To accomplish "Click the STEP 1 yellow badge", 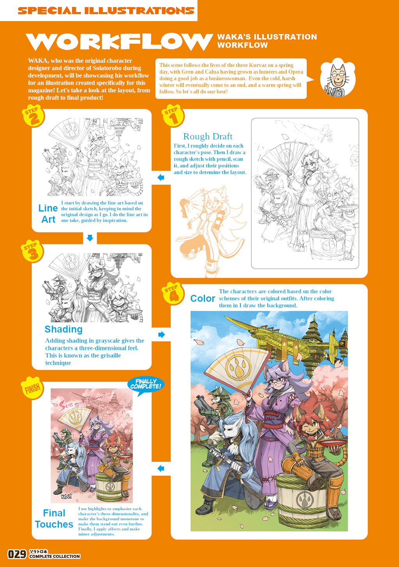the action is (x=173, y=115).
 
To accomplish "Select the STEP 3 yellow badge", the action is (x=32, y=251).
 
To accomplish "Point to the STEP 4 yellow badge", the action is (x=173, y=293).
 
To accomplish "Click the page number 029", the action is (x=17, y=554).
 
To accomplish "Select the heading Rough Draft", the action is (x=208, y=136).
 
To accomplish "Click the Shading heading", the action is (x=64, y=329).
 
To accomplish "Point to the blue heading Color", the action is (x=203, y=298).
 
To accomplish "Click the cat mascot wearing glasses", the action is (x=338, y=77).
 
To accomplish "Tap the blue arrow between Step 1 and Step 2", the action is (x=161, y=178).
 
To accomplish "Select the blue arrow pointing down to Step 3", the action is (x=90, y=238).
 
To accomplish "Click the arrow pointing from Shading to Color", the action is (x=161, y=335).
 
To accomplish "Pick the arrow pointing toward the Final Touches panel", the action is (x=161, y=468).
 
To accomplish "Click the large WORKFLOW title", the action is (x=119, y=42).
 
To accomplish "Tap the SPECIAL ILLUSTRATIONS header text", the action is (x=106, y=11).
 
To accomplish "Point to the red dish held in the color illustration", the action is (x=333, y=442).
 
